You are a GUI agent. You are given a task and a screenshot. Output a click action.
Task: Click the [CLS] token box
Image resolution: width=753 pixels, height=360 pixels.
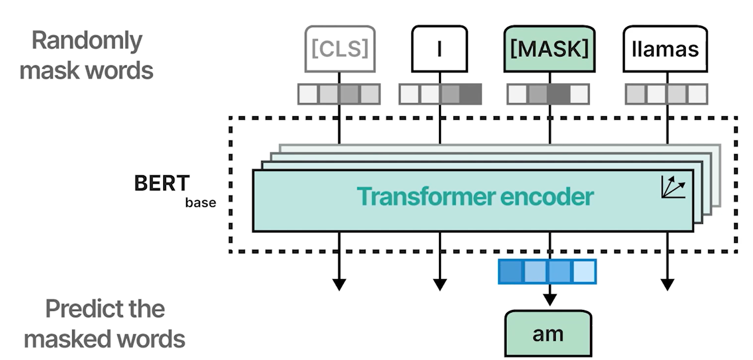click(339, 49)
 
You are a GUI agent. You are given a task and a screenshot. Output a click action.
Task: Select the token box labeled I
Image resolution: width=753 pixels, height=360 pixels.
click(439, 49)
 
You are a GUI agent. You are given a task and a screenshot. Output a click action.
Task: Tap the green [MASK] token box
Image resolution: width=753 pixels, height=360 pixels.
click(548, 49)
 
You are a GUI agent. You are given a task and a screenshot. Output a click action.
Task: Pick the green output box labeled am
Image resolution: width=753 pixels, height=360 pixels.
click(548, 333)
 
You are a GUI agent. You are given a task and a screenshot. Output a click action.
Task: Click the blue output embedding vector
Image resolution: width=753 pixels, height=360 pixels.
click(547, 272)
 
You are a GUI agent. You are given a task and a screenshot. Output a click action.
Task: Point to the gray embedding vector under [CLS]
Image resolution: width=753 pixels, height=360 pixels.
click(339, 94)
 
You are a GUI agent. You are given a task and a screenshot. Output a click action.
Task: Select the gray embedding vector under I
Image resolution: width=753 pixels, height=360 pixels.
click(440, 94)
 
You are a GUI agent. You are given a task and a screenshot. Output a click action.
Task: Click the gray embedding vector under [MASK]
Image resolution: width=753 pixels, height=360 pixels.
click(548, 94)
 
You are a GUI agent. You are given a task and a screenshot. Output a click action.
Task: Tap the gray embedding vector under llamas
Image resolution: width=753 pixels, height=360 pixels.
click(666, 94)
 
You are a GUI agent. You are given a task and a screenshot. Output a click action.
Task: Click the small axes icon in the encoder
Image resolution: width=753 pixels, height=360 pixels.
click(673, 187)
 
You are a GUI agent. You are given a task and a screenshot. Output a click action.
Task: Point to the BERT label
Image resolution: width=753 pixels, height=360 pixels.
click(162, 184)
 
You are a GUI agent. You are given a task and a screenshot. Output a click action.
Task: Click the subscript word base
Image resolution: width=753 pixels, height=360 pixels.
click(200, 202)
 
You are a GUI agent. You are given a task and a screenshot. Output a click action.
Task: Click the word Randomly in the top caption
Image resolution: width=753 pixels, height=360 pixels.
click(87, 40)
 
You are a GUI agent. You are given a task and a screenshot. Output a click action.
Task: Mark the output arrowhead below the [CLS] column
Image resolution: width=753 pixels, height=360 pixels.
click(339, 284)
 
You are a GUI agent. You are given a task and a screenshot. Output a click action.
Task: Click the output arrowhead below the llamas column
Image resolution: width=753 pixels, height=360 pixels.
click(667, 284)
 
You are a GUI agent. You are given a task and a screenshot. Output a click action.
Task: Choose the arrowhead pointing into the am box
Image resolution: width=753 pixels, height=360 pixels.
click(548, 299)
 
